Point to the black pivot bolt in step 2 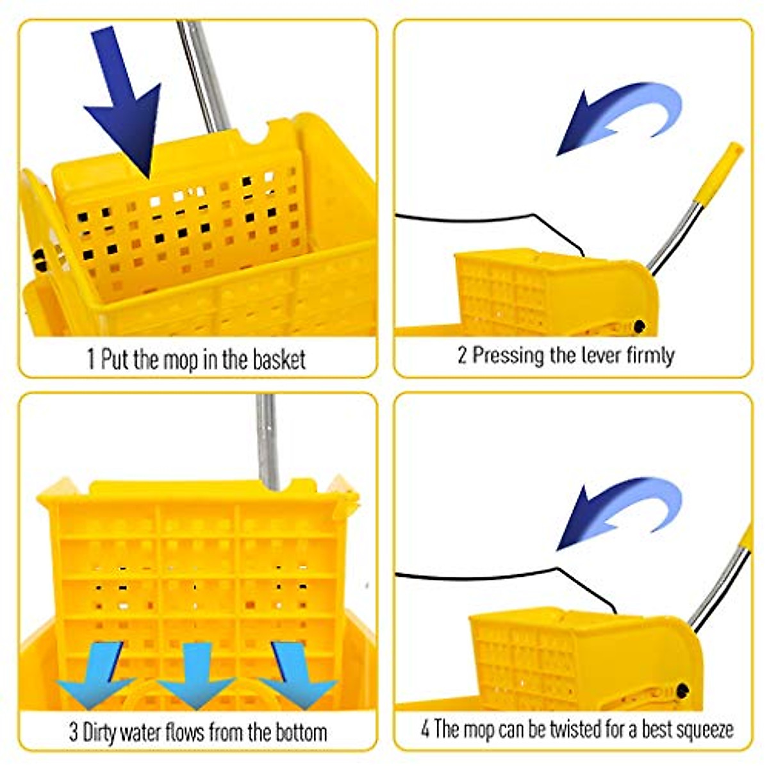click(x=638, y=327)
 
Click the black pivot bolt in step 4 click(x=682, y=691)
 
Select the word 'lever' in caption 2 click(x=586, y=355)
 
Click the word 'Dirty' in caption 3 click(x=106, y=732)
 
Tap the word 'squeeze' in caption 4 click(x=702, y=730)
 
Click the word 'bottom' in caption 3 click(x=301, y=732)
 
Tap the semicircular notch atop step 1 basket click(x=255, y=136)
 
